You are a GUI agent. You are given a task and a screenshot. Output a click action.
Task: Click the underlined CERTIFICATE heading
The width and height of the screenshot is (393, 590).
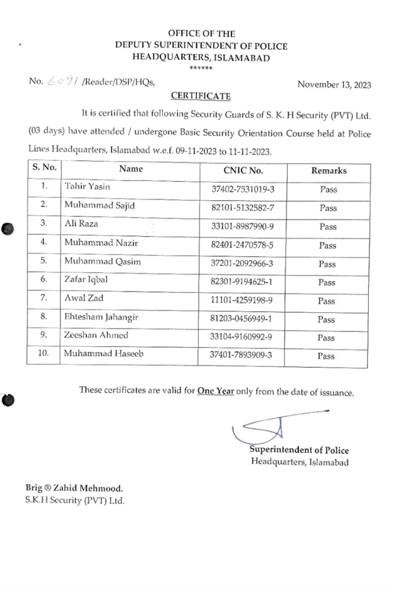click(x=201, y=96)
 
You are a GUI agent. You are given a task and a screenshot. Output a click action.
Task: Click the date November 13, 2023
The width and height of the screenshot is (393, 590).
click(x=334, y=84)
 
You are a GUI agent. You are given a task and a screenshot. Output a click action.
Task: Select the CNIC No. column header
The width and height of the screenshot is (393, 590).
click(x=243, y=171)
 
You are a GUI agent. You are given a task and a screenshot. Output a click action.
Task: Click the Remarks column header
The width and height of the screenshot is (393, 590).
click(x=329, y=171)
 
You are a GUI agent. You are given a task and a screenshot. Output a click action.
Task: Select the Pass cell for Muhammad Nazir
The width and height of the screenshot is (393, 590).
click(x=327, y=245)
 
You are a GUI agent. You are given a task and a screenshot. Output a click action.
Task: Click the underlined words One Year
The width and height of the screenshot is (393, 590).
click(x=215, y=390)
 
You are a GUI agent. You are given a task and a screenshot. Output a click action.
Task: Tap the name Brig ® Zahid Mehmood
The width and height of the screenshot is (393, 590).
click(x=74, y=487)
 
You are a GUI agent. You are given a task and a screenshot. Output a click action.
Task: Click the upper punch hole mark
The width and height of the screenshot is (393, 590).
click(x=7, y=229)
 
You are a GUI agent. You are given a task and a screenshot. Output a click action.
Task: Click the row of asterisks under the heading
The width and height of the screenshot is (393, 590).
click(x=201, y=69)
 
